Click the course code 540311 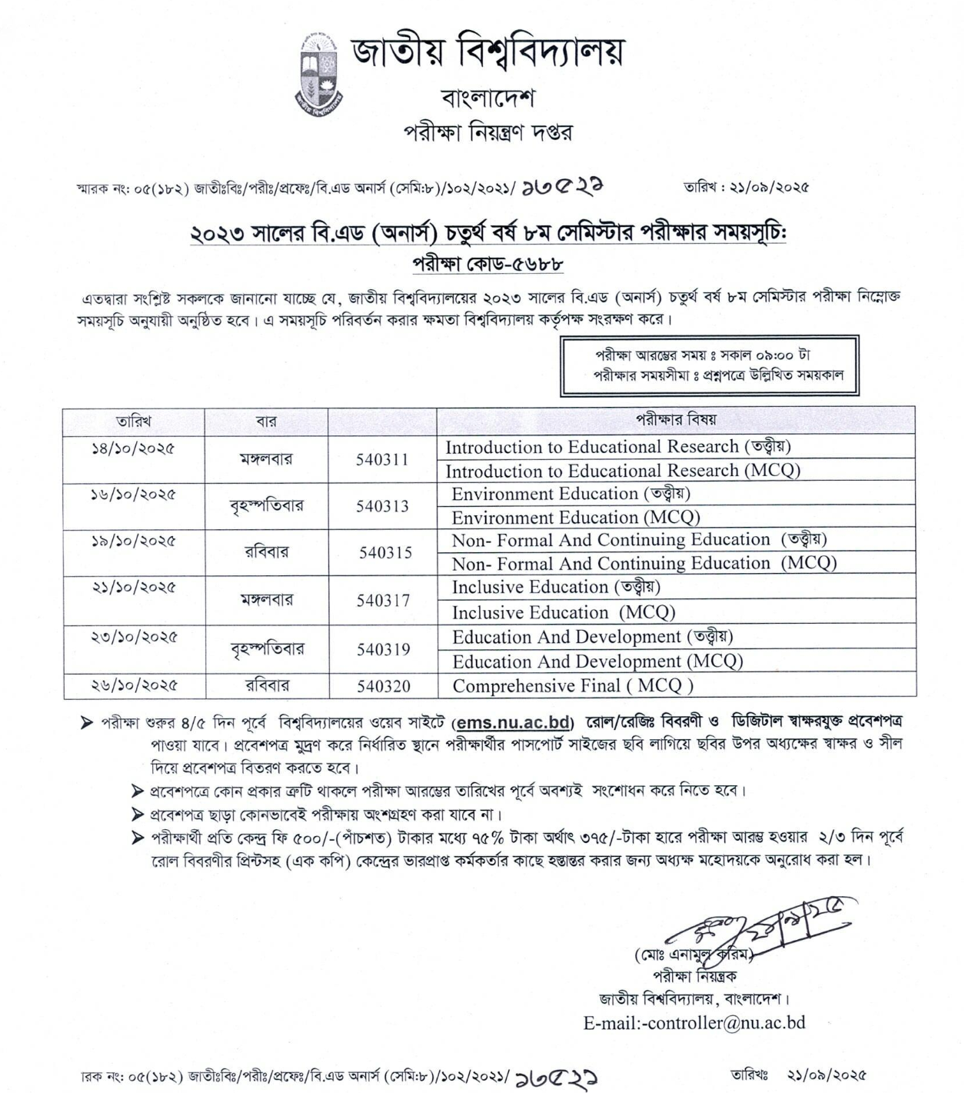382,460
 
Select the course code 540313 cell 382,506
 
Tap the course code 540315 385,552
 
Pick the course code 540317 383,600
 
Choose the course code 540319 383,649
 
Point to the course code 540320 383,686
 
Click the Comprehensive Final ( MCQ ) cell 573,686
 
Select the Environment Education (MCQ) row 576,518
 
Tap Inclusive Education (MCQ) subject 563,612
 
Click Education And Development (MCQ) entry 597,661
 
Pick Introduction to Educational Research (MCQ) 623,471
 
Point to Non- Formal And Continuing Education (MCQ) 644,564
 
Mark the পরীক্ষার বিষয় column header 675,420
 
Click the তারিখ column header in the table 134,422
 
